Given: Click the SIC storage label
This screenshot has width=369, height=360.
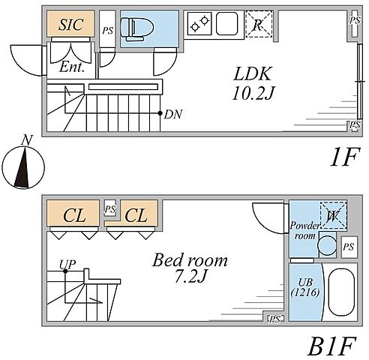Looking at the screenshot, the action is click(x=71, y=24).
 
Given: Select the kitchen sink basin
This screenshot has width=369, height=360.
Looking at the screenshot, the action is click(x=226, y=23).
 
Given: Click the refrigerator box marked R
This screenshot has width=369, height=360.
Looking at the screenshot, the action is click(x=259, y=24).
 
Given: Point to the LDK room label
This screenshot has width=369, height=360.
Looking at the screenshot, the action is click(x=252, y=73).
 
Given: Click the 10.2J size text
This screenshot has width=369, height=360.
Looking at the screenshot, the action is click(x=253, y=94).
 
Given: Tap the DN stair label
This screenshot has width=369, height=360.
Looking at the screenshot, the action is click(x=173, y=114).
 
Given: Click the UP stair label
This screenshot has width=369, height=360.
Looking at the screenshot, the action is click(x=67, y=264).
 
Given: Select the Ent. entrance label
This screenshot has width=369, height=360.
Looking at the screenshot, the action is click(x=71, y=67).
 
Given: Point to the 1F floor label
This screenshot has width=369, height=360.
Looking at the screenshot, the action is click(x=345, y=157).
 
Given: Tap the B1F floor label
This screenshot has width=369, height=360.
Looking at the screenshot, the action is click(x=331, y=346).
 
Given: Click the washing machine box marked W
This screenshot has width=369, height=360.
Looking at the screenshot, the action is click(x=334, y=215).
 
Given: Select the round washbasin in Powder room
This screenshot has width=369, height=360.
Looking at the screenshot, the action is click(x=327, y=245).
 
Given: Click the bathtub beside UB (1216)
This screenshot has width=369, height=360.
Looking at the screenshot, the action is click(x=341, y=292).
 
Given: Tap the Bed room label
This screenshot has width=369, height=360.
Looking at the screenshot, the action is click(x=190, y=260).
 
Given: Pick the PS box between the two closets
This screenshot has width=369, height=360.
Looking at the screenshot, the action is click(x=110, y=208).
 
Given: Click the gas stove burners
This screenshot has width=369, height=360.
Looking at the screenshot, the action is click(x=199, y=24).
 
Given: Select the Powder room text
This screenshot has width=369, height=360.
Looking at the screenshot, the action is click(x=304, y=231).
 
